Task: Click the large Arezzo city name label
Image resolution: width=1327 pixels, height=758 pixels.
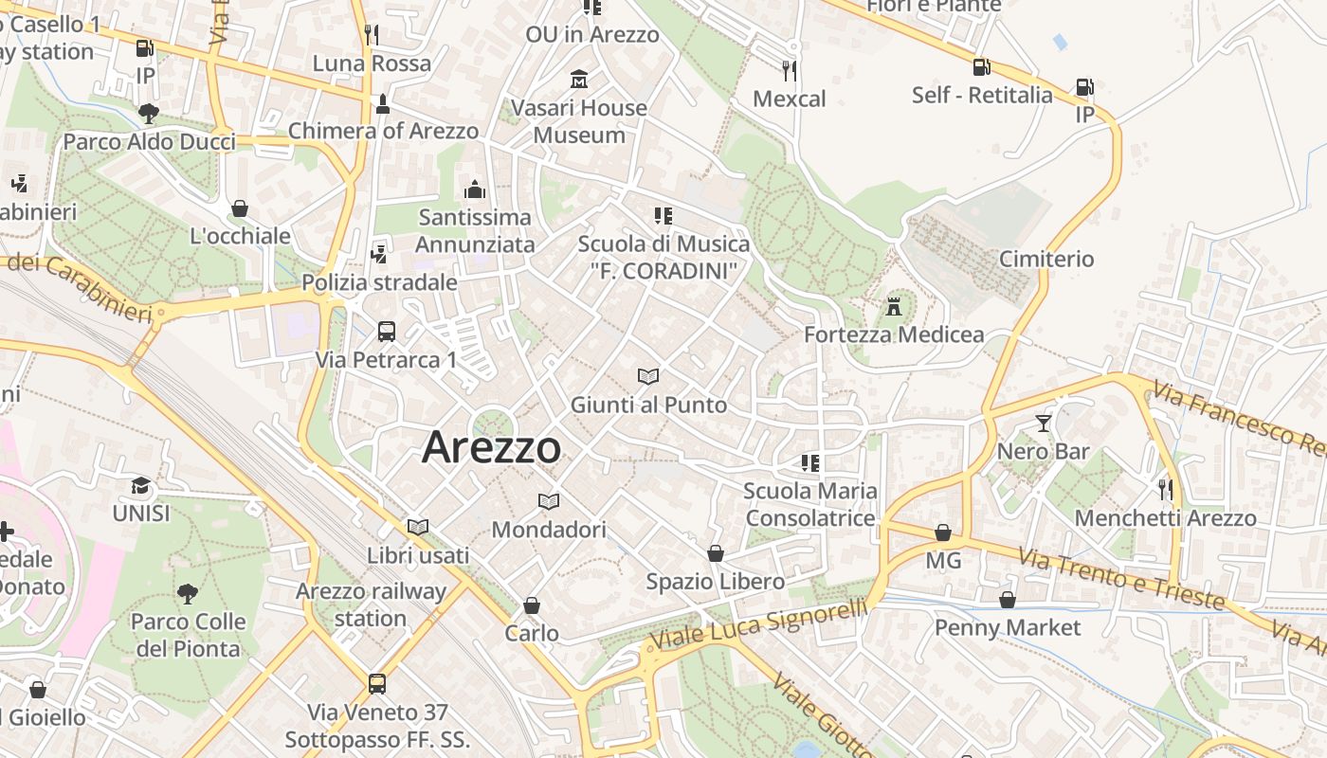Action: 491,447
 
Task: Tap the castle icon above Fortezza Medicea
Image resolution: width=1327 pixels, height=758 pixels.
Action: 893,306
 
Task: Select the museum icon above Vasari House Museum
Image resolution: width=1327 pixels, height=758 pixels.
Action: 579,79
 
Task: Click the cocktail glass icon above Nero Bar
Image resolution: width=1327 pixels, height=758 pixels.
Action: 1044,423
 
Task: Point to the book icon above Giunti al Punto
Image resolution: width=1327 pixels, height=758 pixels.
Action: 648,377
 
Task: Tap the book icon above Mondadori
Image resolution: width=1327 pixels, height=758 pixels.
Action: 548,501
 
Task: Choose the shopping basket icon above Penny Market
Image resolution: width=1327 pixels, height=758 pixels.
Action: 1008,600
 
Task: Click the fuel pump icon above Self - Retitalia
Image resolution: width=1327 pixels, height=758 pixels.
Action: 982,66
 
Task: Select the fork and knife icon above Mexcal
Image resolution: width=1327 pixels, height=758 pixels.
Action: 789,70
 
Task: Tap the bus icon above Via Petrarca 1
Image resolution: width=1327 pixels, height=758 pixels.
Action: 386,332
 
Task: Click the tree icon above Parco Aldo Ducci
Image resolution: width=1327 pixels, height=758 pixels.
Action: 149,114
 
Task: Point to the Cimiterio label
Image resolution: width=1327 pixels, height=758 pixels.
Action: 1046,259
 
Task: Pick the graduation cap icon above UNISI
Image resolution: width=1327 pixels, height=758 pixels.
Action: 141,485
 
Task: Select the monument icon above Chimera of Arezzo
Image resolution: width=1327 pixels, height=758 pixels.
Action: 383,103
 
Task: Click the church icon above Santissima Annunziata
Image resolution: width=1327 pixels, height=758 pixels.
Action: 475,189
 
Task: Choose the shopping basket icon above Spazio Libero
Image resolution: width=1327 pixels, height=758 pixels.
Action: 716,553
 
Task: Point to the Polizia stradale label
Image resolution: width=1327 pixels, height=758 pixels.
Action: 379,282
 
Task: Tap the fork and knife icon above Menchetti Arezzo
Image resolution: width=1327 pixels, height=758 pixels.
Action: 1165,490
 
